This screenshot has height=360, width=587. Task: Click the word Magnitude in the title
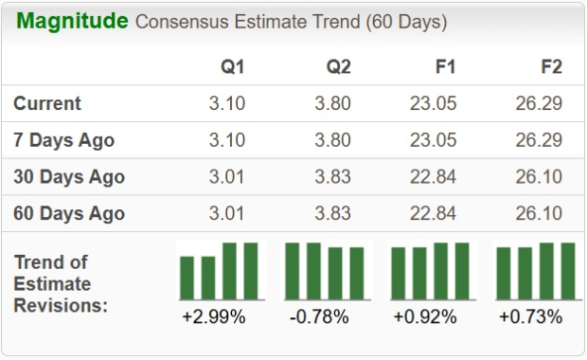[x=72, y=21]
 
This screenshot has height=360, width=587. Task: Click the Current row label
[x=47, y=103]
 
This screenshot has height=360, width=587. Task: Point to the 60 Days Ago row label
[x=68, y=213]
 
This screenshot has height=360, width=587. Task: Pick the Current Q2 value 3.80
[x=333, y=103]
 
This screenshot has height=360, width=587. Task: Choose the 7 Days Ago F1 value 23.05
[x=434, y=140]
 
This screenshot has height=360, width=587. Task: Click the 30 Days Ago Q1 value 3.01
[x=227, y=177]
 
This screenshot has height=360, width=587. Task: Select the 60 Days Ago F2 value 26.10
[x=540, y=213]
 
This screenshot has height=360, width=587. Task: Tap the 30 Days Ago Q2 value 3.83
[x=333, y=177]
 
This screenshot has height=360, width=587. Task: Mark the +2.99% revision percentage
[x=214, y=316]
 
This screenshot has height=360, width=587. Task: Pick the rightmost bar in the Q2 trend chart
[x=357, y=274]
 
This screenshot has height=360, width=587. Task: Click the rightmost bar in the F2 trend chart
[x=568, y=271]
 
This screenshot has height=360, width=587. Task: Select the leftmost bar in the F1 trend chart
[x=399, y=274]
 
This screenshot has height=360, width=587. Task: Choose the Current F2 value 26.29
[x=540, y=103]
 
